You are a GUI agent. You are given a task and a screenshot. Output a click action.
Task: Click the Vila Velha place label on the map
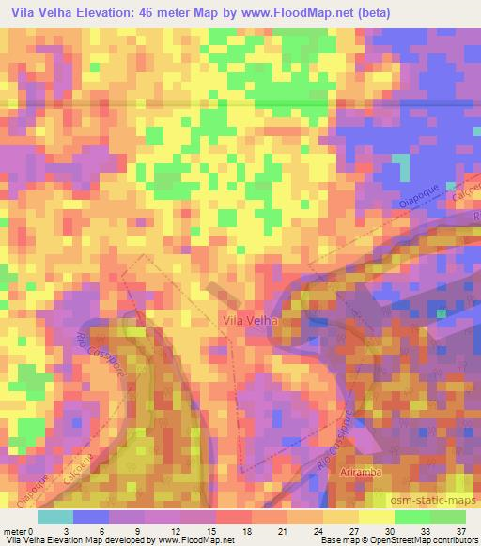coord(250,321)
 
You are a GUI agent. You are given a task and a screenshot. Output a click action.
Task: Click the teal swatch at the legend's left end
coord(55,516)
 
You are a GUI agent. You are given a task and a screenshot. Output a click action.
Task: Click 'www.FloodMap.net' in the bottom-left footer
coord(194,540)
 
